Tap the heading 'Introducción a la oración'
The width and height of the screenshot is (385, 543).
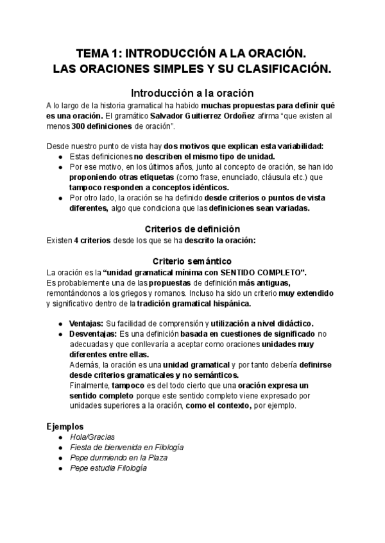point(193,92)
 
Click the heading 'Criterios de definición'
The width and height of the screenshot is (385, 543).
point(193,229)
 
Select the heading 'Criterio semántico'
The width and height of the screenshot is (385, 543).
point(193,261)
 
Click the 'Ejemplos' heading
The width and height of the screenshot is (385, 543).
point(65,425)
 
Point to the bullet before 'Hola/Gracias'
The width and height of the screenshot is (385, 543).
point(60,437)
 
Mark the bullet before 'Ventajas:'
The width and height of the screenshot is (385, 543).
point(60,323)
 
